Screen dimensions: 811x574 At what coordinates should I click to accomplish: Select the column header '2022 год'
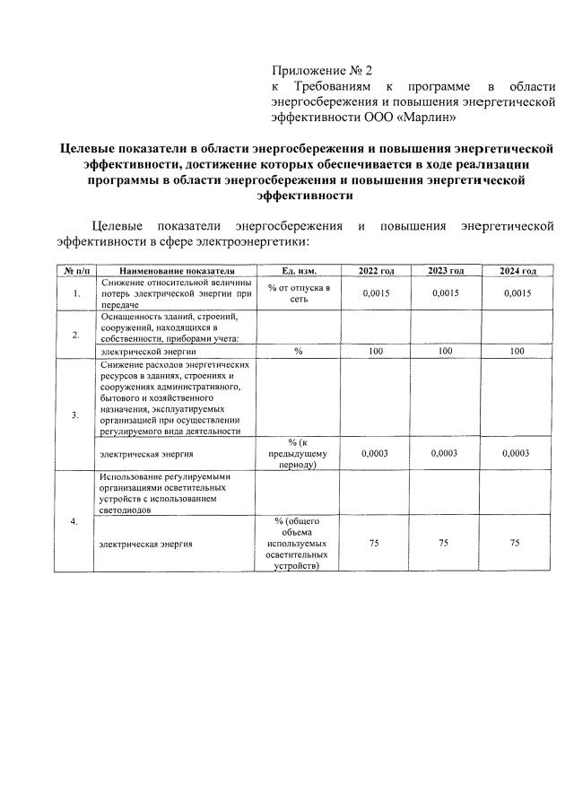pos(376,271)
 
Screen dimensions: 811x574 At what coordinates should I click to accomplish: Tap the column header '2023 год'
pos(446,271)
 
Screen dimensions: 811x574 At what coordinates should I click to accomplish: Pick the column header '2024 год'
pos(517,271)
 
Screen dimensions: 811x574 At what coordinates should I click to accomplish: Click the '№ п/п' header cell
pos(74,271)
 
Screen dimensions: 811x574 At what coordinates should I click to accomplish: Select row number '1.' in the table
pos(75,293)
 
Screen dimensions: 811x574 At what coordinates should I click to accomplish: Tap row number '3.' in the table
pos(75,414)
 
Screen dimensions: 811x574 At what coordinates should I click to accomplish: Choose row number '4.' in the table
pos(75,521)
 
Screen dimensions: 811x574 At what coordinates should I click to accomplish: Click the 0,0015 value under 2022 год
pos(376,293)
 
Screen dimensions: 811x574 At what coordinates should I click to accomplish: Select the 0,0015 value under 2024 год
pos(517,293)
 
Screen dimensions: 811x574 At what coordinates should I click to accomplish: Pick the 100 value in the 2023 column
pos(446,353)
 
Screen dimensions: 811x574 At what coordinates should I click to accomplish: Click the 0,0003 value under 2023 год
pos(444,454)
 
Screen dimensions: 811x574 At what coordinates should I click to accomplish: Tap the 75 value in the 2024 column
pos(515,543)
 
